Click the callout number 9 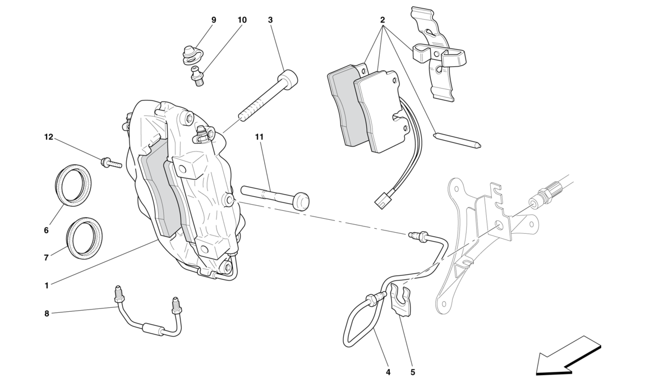[214, 20]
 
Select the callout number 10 [242, 20]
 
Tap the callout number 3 [270, 20]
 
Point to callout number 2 [383, 20]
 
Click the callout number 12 [49, 137]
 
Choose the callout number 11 [259, 137]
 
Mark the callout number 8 [47, 313]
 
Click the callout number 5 [413, 373]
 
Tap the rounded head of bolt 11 [302, 201]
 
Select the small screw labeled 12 [110, 163]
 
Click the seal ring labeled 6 [74, 185]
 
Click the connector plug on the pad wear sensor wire [382, 200]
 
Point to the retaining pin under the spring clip [458, 140]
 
